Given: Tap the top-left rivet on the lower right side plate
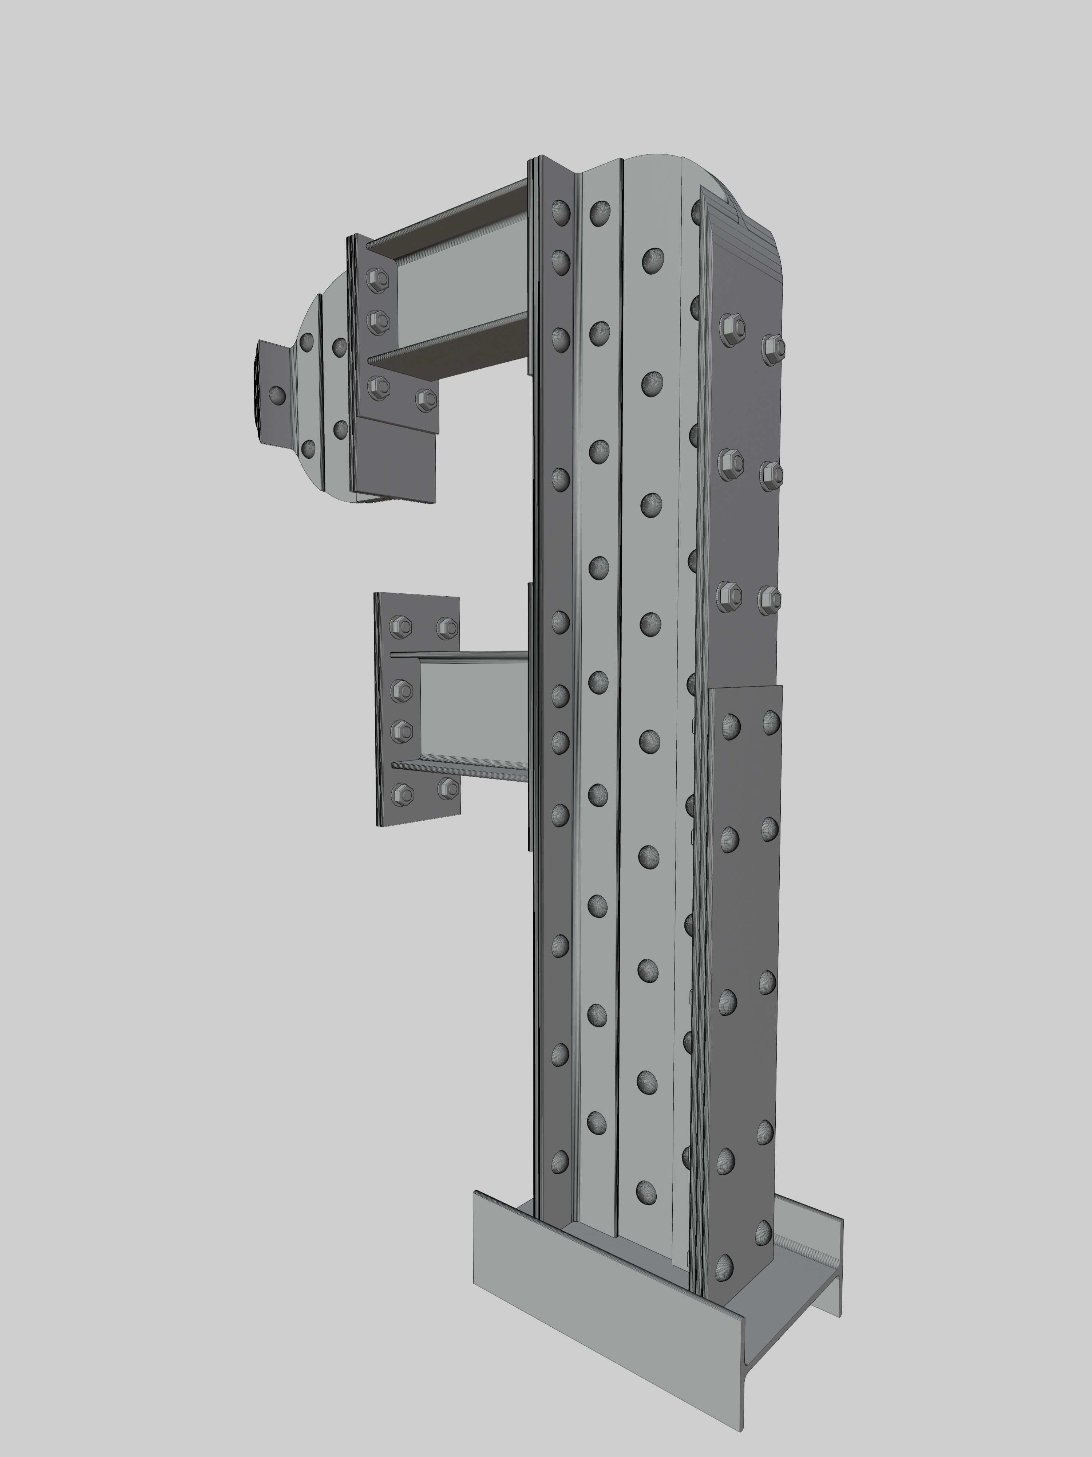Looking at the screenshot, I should point(731,726).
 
